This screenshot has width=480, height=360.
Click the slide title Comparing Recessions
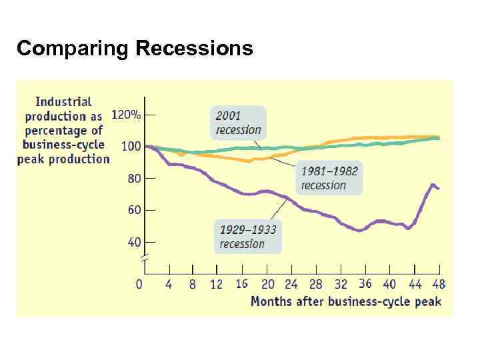135,49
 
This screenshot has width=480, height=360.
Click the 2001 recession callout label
238,123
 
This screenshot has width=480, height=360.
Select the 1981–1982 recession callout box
329,178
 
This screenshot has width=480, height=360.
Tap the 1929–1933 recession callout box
247,237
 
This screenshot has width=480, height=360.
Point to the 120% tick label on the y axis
125,115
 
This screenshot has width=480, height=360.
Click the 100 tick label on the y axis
131,146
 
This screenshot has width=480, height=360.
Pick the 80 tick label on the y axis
134,178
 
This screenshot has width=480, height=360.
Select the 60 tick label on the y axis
134,210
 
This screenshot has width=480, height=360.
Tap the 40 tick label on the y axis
134,242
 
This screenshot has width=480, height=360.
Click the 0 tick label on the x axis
139,285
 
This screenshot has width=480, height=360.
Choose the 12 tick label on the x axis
216,285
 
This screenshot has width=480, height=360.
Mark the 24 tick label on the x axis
291,285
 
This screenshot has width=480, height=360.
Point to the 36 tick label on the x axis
365,285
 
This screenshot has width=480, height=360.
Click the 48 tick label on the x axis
439,285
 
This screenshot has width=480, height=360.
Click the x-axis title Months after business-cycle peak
345,301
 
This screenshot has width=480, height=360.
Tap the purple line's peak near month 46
433,185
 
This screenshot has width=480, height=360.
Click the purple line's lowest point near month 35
359,231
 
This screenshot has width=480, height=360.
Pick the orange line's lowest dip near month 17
249,161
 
